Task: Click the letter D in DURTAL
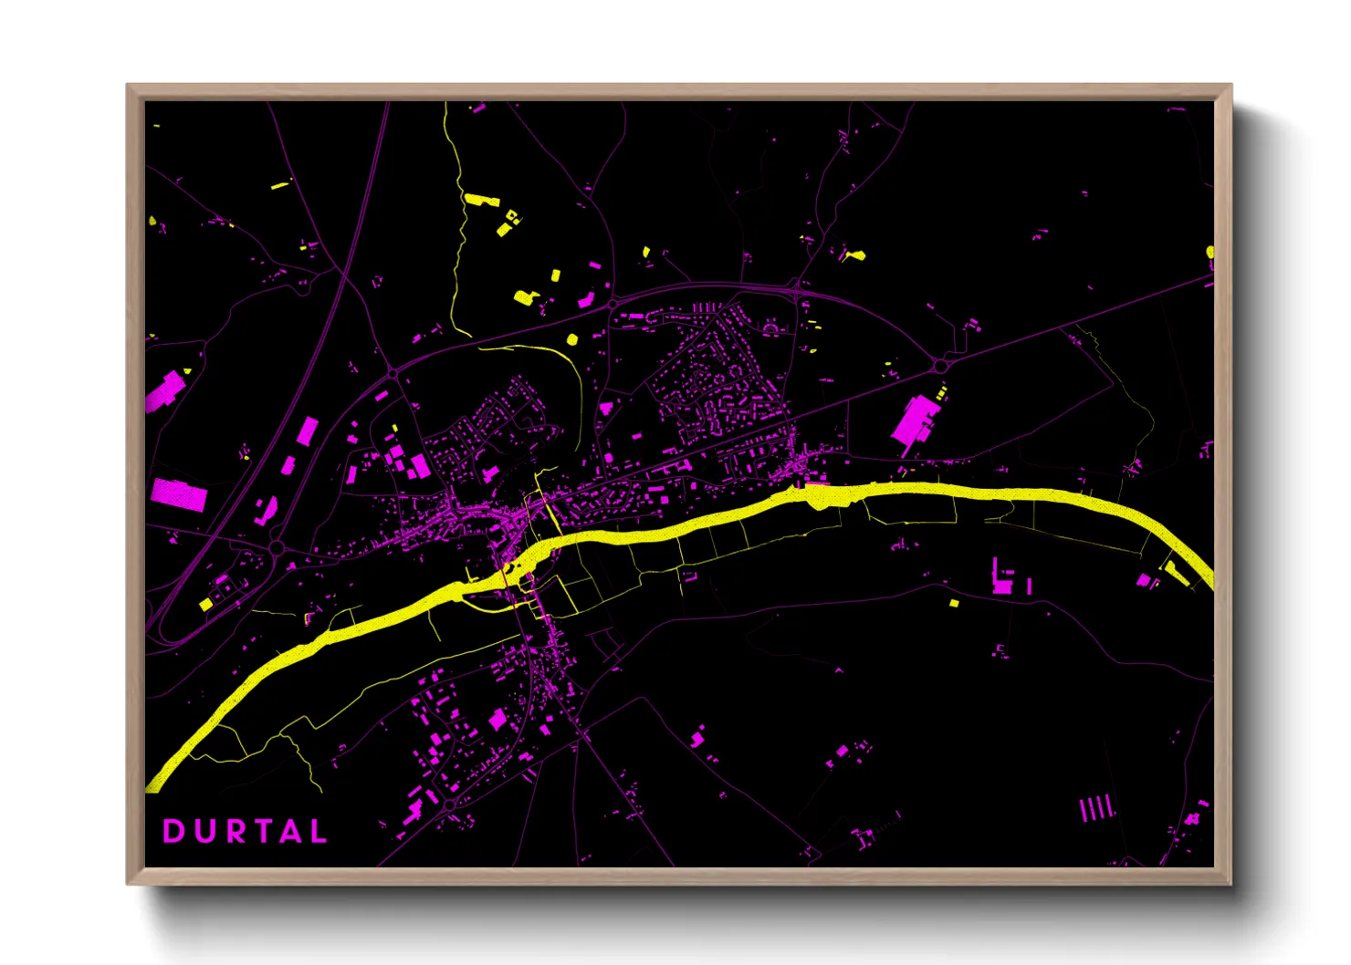point(173,832)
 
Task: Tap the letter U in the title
point(201,832)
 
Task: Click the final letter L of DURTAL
point(319,832)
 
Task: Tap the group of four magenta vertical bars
point(1096,808)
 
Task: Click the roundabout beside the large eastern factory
point(941,365)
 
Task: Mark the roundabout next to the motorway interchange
point(277,548)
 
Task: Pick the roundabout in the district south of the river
point(449,804)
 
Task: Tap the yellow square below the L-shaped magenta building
point(954,603)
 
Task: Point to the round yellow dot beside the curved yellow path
point(572,340)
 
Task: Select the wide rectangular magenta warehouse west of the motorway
point(180,495)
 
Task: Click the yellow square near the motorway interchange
point(206,604)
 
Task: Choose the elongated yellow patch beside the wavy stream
point(481,199)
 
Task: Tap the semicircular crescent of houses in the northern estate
point(772,325)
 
